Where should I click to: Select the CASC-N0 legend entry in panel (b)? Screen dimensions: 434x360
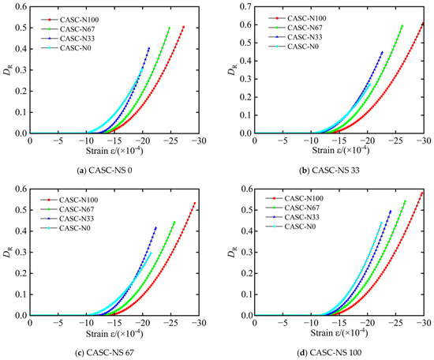[x=294, y=47]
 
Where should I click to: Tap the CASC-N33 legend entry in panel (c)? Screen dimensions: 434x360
[x=67, y=219]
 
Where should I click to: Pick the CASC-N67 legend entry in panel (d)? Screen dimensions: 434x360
[x=293, y=208]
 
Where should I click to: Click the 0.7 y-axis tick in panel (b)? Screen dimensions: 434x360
[x=247, y=6]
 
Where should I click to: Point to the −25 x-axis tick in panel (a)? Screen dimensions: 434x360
[x=170, y=141]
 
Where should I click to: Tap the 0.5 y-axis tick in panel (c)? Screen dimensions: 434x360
[x=22, y=210]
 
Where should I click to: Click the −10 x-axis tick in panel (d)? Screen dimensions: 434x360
[x=312, y=323]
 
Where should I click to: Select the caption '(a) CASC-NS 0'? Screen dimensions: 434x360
[x=104, y=171]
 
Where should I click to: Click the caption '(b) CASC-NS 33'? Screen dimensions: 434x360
[x=329, y=171]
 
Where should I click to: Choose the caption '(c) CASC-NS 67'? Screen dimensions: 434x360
[x=104, y=353]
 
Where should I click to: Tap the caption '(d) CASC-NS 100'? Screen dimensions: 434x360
[x=329, y=353]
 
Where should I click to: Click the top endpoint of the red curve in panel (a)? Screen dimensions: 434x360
[x=184, y=27]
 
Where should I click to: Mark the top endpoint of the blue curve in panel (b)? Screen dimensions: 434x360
[x=382, y=52]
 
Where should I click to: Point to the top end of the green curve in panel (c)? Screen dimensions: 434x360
[x=174, y=222]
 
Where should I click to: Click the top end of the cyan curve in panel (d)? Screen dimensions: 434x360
[x=381, y=223]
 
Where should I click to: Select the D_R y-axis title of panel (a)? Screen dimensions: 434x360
[x=7, y=71]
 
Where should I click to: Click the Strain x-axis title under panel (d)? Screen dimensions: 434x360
[x=339, y=332]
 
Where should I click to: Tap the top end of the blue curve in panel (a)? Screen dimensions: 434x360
[x=149, y=48]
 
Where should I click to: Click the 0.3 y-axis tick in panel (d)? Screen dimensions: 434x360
[x=247, y=253]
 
